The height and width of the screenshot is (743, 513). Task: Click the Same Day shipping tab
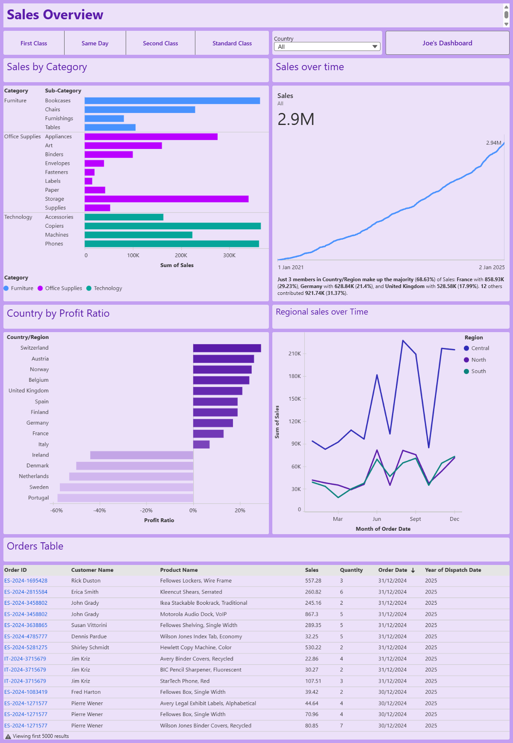(95, 43)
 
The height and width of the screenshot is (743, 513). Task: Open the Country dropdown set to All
(327, 47)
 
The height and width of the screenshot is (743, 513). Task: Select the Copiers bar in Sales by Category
(173, 226)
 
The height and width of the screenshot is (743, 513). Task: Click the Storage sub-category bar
(166, 199)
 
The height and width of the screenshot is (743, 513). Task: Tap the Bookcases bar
(172, 101)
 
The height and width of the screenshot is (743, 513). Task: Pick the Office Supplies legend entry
(63, 288)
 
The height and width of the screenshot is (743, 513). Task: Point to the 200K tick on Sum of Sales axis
(181, 256)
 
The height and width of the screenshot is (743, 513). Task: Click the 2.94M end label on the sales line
(493, 143)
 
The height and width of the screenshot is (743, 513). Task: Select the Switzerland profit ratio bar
(227, 348)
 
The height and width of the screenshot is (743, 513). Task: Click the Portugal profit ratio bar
(125, 498)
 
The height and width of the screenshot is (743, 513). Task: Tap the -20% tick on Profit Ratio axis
(146, 511)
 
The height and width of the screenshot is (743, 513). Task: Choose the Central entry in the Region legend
(480, 348)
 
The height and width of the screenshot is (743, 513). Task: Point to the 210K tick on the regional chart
(295, 354)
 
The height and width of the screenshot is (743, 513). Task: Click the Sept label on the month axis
(415, 519)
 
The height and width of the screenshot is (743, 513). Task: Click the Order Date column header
(392, 570)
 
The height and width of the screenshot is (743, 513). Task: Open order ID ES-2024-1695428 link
(26, 581)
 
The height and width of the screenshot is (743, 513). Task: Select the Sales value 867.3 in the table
(311, 614)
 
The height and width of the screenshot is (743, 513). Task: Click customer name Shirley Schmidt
(90, 648)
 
